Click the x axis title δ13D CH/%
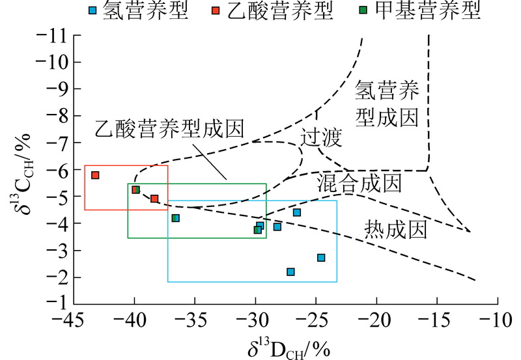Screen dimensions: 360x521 click(x=287, y=346)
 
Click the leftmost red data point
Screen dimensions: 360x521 click(x=95, y=175)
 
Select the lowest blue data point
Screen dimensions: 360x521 click(x=290, y=271)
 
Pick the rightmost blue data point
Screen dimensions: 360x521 click(x=321, y=258)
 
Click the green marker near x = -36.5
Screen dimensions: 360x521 click(x=175, y=218)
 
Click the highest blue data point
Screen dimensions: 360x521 click(x=297, y=212)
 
